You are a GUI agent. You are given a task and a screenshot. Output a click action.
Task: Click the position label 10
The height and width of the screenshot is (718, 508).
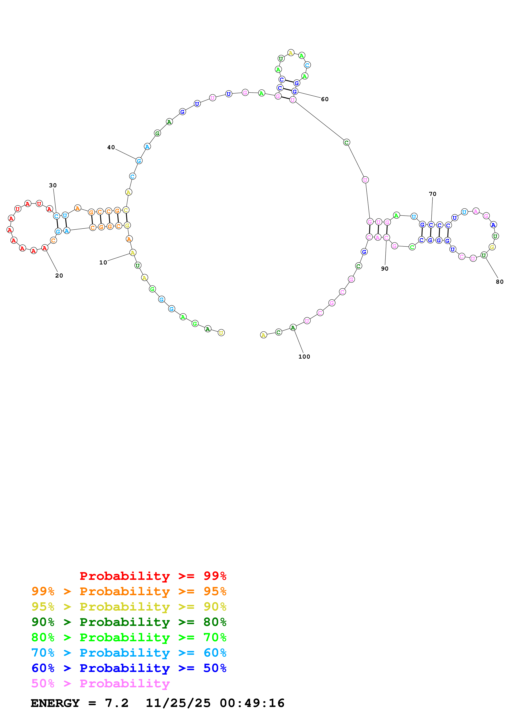click(x=103, y=262)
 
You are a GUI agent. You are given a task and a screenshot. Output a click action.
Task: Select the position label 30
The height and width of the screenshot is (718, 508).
click(x=53, y=185)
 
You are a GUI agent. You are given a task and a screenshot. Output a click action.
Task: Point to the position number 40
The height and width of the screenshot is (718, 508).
click(x=111, y=147)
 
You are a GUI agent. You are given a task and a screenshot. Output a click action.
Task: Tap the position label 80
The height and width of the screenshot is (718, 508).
click(x=499, y=282)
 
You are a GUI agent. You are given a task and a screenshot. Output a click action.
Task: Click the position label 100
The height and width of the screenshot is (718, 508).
click(x=304, y=357)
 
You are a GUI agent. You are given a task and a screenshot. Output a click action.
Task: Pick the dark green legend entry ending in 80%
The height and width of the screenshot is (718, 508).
click(x=129, y=622)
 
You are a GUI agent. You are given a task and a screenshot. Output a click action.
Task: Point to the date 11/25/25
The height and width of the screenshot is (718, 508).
click(x=178, y=703)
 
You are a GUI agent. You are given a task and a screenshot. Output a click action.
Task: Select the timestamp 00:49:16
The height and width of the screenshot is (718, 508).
click(x=252, y=703)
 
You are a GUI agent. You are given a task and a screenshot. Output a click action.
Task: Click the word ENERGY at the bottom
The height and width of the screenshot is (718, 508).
click(x=55, y=703)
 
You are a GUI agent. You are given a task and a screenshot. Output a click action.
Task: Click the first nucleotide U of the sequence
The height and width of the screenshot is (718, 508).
click(x=221, y=333)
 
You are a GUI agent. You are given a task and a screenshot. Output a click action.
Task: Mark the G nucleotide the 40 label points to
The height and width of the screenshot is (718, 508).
click(x=139, y=161)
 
